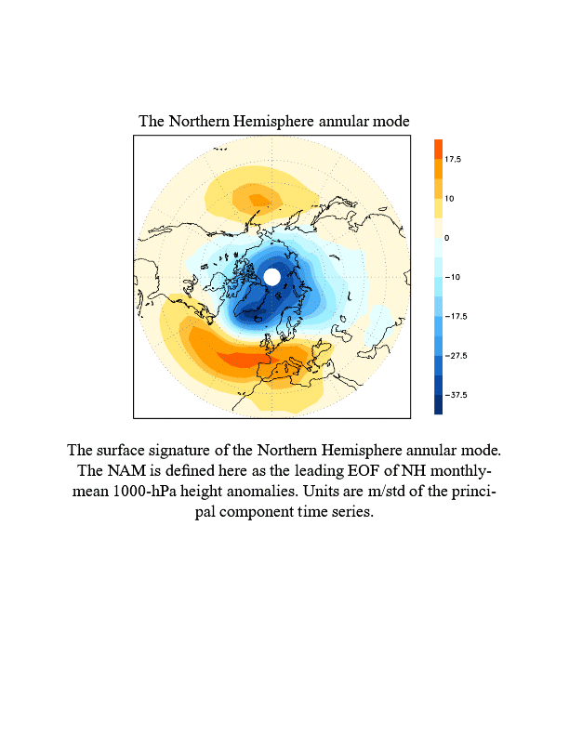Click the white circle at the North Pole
pos(271,277)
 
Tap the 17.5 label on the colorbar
pos(453,160)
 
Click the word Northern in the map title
pos(198,122)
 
